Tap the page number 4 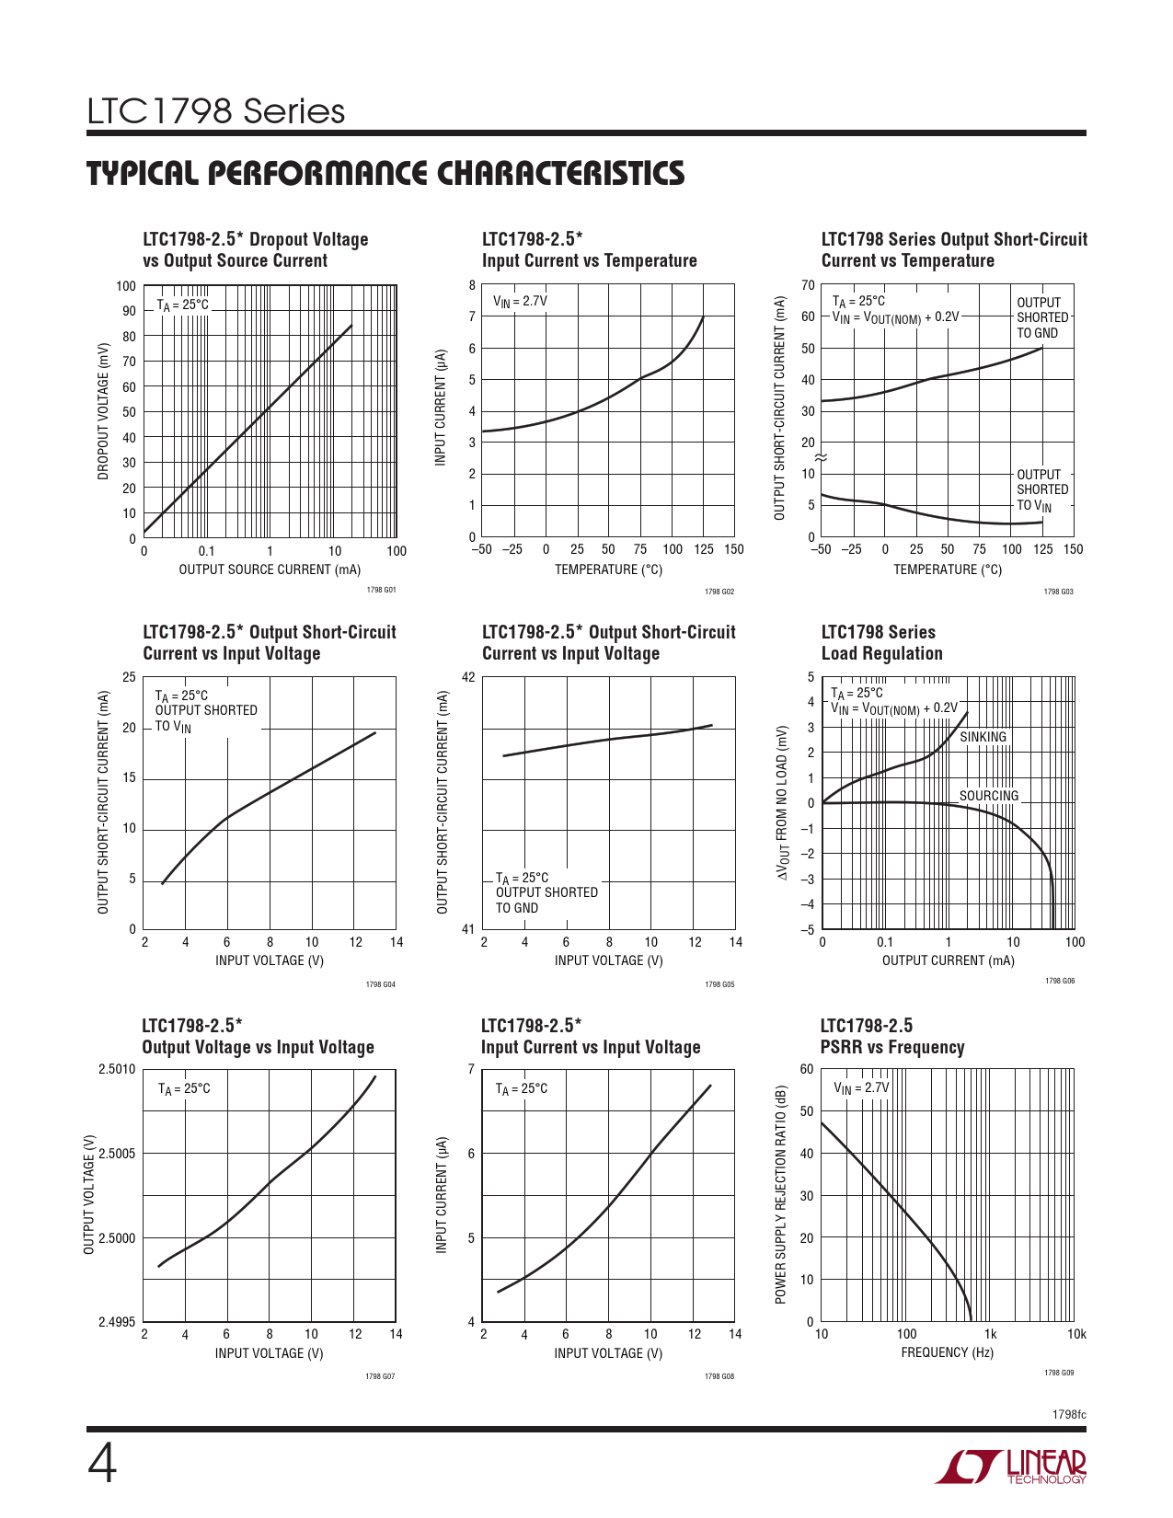pyautogui.click(x=102, y=1465)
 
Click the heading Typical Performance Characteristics pyautogui.click(x=385, y=174)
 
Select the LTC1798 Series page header pyautogui.click(x=216, y=111)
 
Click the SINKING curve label pyautogui.click(x=983, y=737)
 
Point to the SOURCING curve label pyautogui.click(x=989, y=796)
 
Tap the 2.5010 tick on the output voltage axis pyautogui.click(x=117, y=1069)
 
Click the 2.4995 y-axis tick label pyautogui.click(x=117, y=1322)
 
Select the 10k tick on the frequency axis pyautogui.click(x=1075, y=1334)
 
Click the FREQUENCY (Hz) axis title pyautogui.click(x=947, y=1352)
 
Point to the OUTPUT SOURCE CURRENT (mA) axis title pyautogui.click(x=270, y=569)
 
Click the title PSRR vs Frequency pyautogui.click(x=891, y=1047)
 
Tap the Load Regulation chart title pyautogui.click(x=881, y=653)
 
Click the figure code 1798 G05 pyautogui.click(x=719, y=984)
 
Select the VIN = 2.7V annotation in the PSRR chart pyautogui.click(x=861, y=1087)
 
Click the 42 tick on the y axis pyautogui.click(x=468, y=678)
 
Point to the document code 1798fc pyautogui.click(x=1069, y=1414)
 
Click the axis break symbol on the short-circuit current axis pyautogui.click(x=822, y=457)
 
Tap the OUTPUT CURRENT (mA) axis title pyautogui.click(x=948, y=960)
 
